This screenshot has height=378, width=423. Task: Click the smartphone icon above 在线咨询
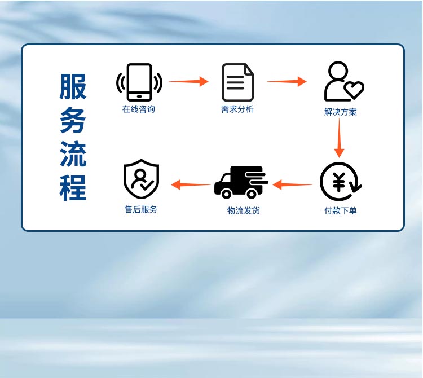click(139, 82)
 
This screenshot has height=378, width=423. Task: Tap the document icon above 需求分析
click(237, 82)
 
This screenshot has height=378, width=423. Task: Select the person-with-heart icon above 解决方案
click(342, 82)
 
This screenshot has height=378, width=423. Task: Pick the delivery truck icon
click(240, 182)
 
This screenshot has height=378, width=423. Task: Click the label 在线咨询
click(139, 109)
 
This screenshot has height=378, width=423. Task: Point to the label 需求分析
click(237, 109)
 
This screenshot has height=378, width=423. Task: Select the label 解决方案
click(341, 112)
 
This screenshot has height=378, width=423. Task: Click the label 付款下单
click(340, 211)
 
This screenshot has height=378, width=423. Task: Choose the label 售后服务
click(141, 209)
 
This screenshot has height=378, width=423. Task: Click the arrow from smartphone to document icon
click(188, 82)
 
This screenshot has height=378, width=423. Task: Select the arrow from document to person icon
click(287, 82)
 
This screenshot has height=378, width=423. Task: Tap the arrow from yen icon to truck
click(292, 184)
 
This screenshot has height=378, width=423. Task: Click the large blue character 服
click(73, 87)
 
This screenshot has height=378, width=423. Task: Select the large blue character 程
click(73, 188)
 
